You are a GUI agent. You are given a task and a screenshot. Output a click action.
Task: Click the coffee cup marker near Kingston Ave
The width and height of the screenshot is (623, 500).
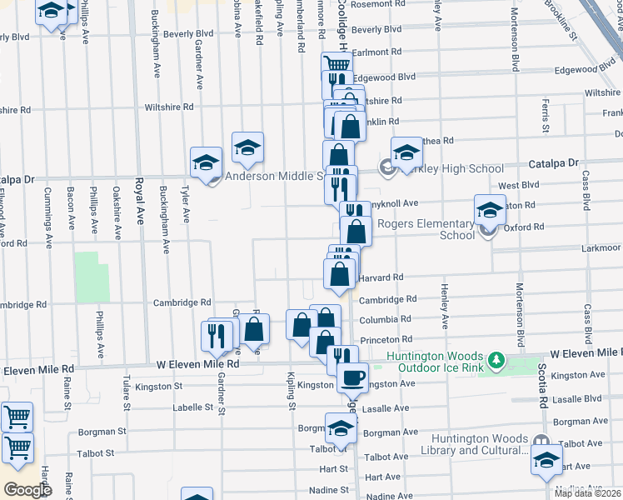pyautogui.click(x=351, y=377)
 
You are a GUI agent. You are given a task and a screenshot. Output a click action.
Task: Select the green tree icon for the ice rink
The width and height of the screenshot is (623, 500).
pyautogui.click(x=497, y=360)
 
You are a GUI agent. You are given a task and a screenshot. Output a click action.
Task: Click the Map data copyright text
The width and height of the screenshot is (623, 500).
pyautogui.click(x=588, y=493)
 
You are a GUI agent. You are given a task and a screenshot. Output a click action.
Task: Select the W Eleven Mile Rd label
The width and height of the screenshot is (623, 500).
pyautogui.click(x=198, y=364)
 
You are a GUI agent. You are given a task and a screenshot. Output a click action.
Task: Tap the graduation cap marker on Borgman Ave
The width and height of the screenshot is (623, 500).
pyautogui.click(x=341, y=429)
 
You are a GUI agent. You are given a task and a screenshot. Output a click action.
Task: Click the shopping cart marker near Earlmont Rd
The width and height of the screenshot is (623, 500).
pyautogui.click(x=336, y=65)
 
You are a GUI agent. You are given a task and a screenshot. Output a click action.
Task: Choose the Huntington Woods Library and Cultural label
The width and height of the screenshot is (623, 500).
pyautogui.click(x=480, y=445)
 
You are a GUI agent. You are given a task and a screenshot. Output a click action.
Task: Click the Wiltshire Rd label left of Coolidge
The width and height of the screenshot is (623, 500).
pyautogui.click(x=169, y=107)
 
